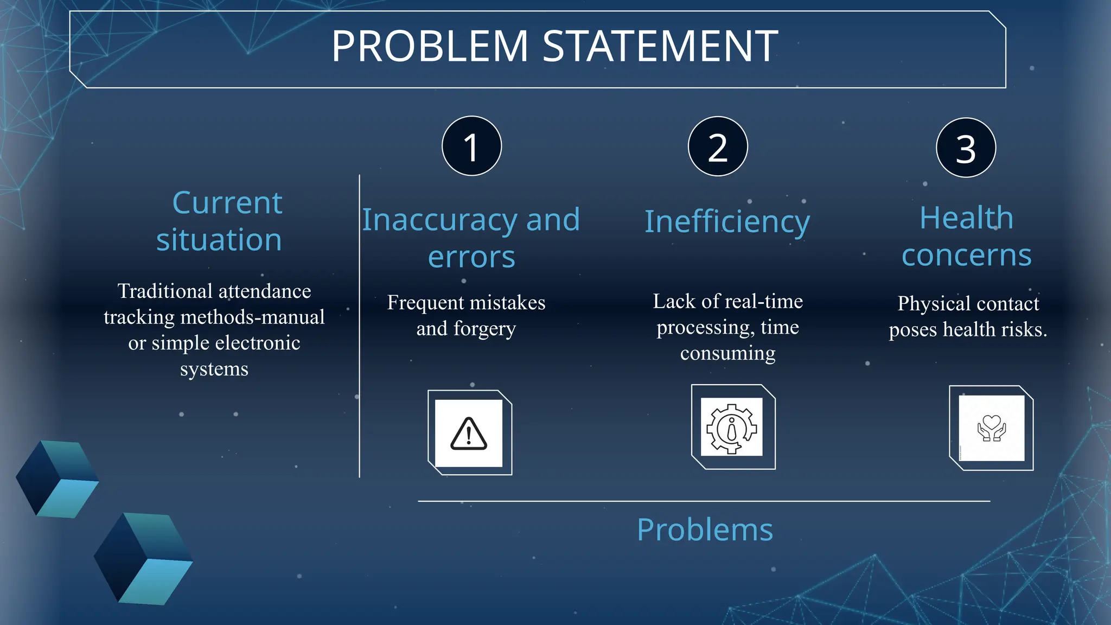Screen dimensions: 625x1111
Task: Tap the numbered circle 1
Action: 471,146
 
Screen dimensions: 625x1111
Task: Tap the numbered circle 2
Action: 718,146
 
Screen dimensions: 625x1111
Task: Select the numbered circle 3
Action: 966,148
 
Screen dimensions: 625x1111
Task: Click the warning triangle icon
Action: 469,434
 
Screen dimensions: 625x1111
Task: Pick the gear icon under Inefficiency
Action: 731,428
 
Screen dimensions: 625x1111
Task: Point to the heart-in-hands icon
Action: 991,428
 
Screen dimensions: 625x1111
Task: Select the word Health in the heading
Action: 966,218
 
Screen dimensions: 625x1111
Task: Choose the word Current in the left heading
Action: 227,203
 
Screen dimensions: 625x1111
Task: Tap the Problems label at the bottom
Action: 705,530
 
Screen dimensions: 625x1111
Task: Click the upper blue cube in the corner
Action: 57,479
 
